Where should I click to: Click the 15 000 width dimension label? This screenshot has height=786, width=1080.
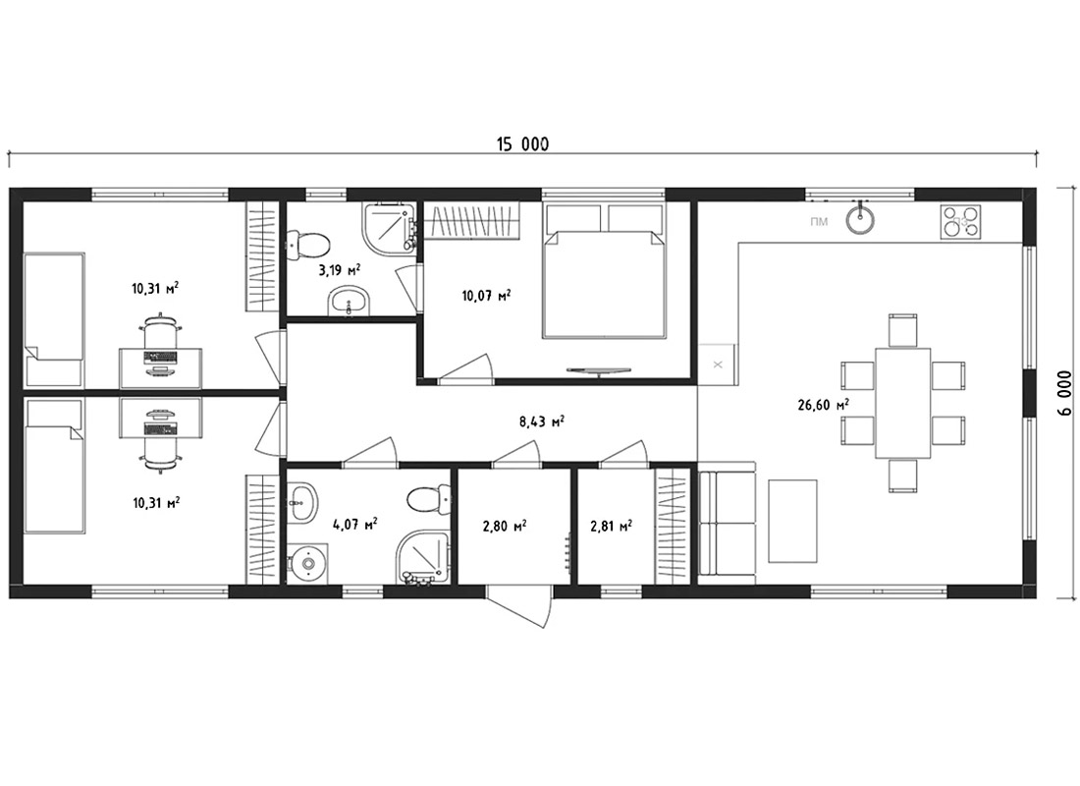coord(522,144)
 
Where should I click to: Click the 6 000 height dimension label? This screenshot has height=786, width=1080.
coord(1065,393)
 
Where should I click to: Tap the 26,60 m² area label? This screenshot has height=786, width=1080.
coord(823,405)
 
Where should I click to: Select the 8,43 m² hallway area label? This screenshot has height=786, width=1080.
coord(542,421)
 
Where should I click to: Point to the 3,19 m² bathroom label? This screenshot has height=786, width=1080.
coord(340,269)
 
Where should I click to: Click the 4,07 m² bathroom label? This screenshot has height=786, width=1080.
coord(354,525)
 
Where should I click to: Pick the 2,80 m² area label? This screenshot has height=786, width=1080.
coord(505,526)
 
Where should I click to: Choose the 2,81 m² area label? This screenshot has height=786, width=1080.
coord(612,526)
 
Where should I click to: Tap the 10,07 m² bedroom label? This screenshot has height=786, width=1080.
coord(486,296)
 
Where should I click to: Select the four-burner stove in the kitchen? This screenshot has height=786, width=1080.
coord(960,222)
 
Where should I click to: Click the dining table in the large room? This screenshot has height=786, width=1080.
coord(903,403)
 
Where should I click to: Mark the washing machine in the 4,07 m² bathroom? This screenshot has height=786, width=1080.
coord(307,564)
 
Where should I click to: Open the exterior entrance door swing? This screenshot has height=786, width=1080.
coord(520,605)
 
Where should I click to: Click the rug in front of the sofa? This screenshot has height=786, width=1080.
coord(792,522)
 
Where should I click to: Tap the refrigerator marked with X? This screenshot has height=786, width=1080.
coord(718,365)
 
